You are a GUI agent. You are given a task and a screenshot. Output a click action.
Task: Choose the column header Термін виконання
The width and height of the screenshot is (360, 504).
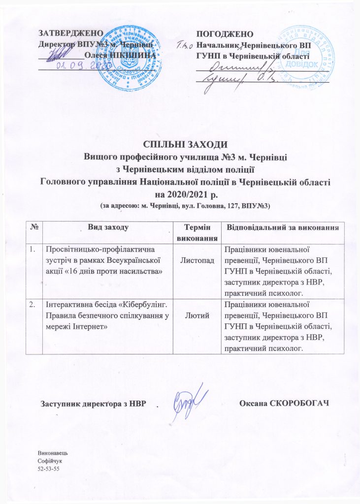(x=198, y=232)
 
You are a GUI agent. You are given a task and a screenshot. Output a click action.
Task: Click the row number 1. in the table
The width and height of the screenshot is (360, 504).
(x=33, y=250)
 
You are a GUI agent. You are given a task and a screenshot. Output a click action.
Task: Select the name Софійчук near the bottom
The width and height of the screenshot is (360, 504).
(x=50, y=459)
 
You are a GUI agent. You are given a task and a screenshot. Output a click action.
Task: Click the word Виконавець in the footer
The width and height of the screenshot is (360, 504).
(x=52, y=452)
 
